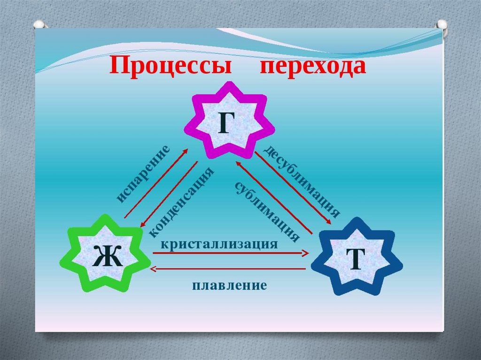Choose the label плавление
tap(229, 285)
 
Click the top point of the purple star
tap(229, 83)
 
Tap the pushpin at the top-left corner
tap(39, 24)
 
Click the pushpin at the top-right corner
tap(442, 25)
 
